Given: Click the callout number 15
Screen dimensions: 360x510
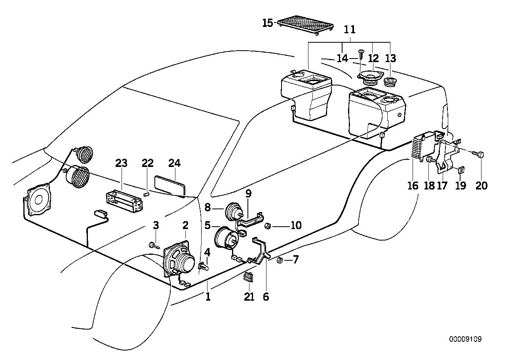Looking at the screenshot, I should point(268,23).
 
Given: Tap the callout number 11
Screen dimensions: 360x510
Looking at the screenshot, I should point(349,30).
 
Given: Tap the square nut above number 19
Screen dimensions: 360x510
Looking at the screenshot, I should point(461,170).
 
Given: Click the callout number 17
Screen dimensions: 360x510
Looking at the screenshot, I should point(442,185).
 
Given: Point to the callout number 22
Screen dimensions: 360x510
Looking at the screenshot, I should point(147,163).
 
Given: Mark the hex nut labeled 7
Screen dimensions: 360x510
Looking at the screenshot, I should point(279,260).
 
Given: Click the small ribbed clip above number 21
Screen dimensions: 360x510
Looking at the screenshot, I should point(248,277).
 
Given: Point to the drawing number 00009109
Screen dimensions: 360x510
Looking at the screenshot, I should point(465,339).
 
